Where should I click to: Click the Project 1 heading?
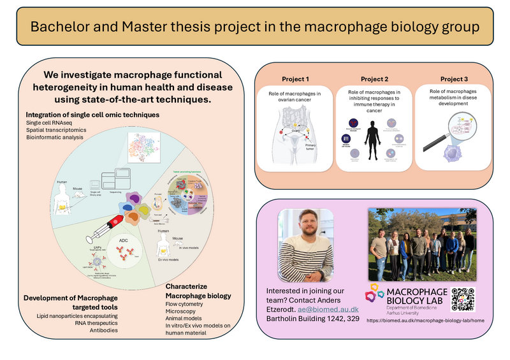coord(295,79)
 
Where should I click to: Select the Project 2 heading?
coord(374,79)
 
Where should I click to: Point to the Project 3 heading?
coord(454,79)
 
